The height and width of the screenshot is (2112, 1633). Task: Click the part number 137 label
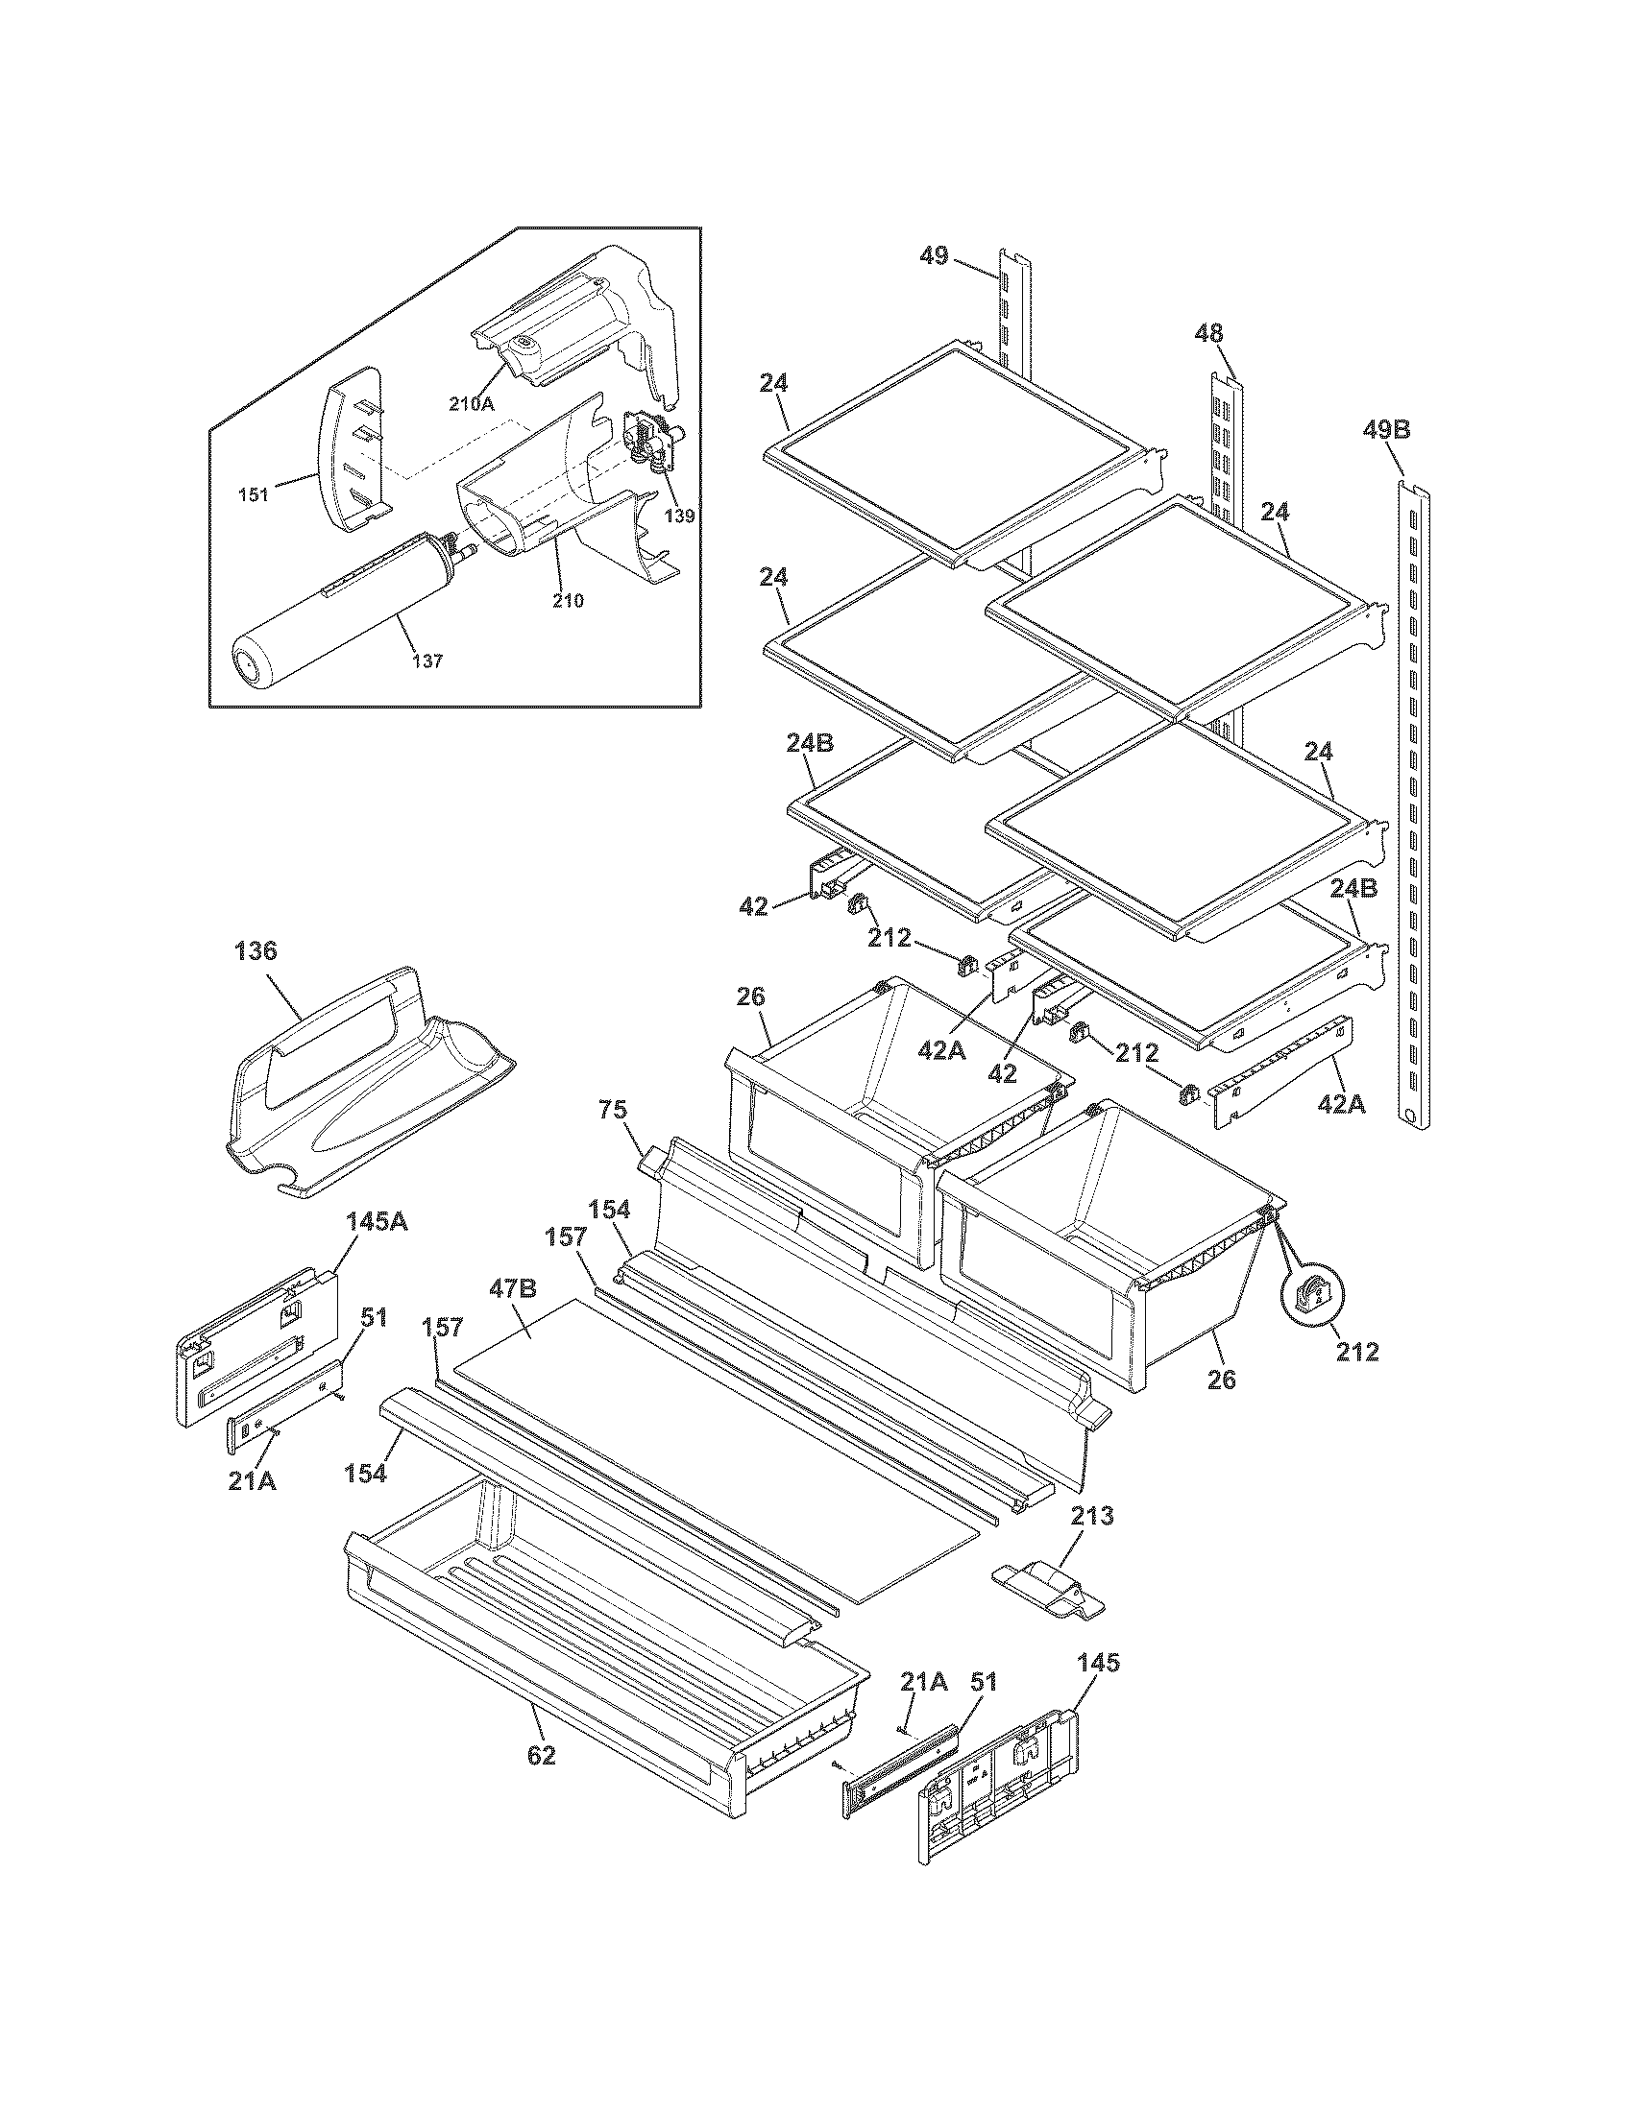pyautogui.click(x=427, y=661)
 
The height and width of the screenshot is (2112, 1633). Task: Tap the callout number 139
pyautogui.click(x=679, y=516)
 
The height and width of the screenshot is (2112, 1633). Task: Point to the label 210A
pyautogui.click(x=471, y=404)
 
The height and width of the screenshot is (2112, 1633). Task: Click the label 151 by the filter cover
pyautogui.click(x=254, y=496)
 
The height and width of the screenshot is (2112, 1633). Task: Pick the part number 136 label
pyautogui.click(x=256, y=951)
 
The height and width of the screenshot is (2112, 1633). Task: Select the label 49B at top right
pyautogui.click(x=1387, y=429)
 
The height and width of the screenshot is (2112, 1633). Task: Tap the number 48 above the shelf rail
pyautogui.click(x=1208, y=334)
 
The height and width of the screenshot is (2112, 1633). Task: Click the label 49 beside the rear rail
pyautogui.click(x=934, y=257)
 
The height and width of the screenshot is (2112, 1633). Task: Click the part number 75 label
pyautogui.click(x=613, y=1111)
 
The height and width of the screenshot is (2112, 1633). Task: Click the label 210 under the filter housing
pyautogui.click(x=568, y=601)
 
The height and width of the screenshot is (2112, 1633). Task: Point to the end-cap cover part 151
pyautogui.click(x=353, y=449)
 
